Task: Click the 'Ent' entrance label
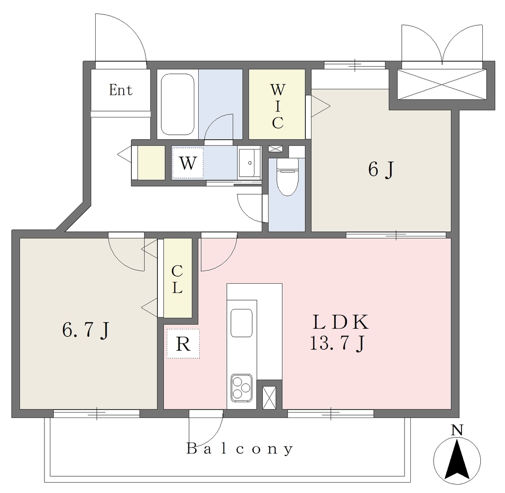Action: [120, 90]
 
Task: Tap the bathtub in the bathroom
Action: [178, 105]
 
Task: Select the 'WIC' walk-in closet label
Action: [277, 106]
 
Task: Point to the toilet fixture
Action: [288, 177]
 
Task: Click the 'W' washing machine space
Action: [187, 163]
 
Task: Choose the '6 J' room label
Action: [381, 169]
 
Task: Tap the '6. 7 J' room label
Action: [86, 330]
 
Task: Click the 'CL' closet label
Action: [177, 279]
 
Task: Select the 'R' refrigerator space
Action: [183, 344]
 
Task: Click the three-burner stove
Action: [241, 388]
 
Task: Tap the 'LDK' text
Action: [340, 322]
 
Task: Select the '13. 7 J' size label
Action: [337, 343]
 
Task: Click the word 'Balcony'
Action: [240, 449]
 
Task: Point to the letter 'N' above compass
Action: [457, 430]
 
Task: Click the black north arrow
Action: [457, 459]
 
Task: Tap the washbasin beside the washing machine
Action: [249, 163]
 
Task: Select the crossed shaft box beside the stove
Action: [269, 397]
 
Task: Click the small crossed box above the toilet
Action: [275, 149]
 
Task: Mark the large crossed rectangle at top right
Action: [441, 84]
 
